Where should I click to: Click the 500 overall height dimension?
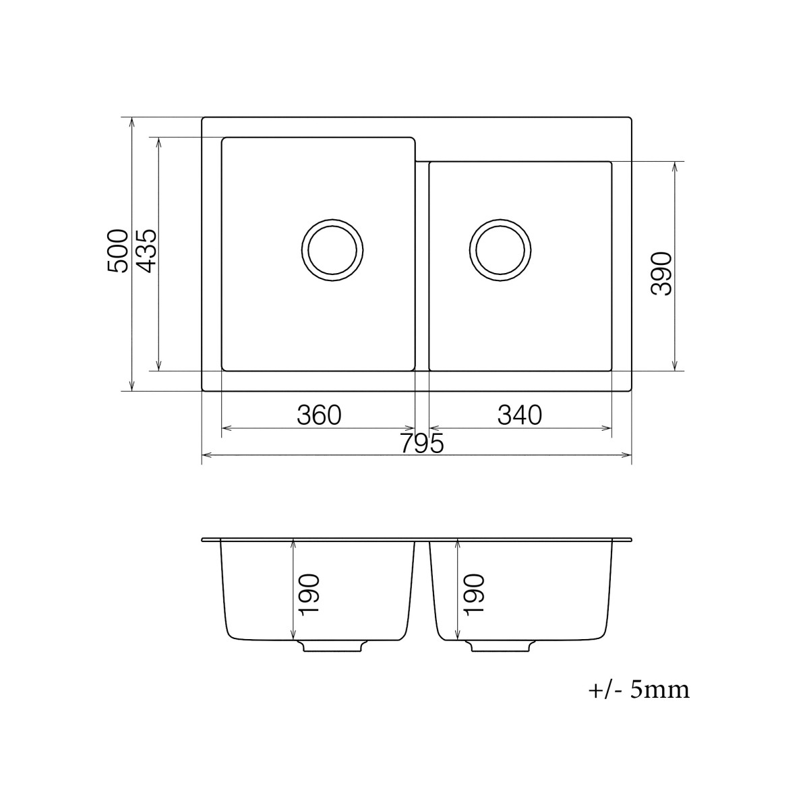pos(117,251)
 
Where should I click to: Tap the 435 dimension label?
pos(147,251)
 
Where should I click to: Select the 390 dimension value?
pos(663,274)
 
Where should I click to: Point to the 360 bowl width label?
pos(319,415)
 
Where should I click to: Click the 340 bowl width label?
pos(520,415)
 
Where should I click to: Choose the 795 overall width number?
pos(421,444)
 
